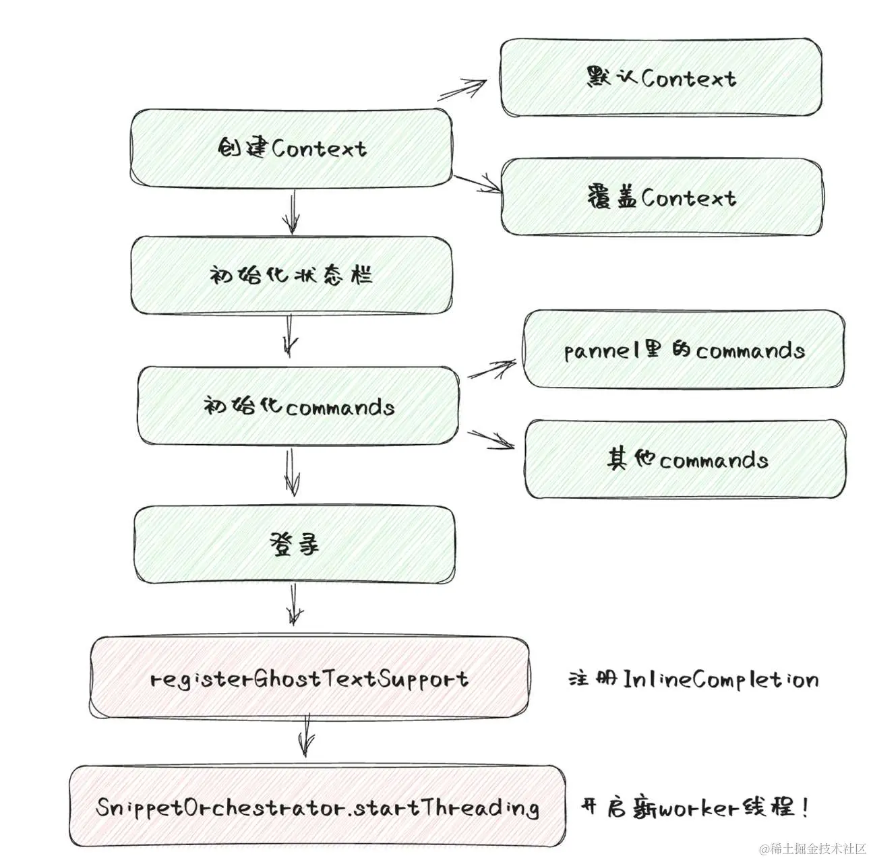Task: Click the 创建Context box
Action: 291,148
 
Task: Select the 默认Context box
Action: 661,78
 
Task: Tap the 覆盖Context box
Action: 661,197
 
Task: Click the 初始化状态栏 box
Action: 291,275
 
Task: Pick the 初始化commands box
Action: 299,406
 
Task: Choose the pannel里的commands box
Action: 684,350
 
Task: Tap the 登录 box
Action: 294,545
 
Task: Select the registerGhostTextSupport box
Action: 309,678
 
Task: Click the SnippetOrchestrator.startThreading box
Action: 317,807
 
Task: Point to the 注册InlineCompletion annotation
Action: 693,679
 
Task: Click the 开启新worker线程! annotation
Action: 694,807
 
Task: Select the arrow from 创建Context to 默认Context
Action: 463,90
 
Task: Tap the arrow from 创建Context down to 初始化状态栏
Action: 291,210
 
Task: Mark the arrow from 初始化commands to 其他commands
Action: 491,439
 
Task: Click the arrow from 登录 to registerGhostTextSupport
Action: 294,604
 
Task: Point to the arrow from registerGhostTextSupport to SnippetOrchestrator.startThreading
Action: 307,735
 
